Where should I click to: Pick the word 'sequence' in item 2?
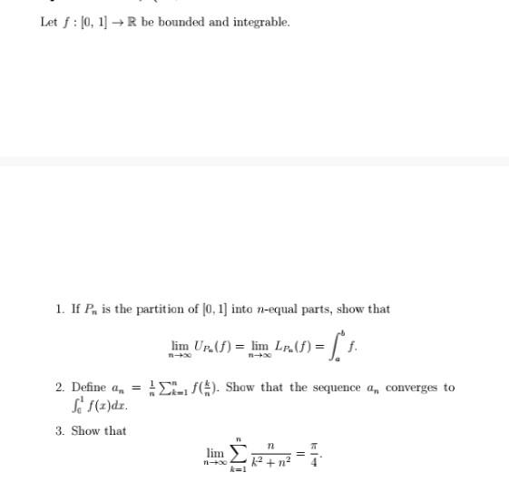[x=337, y=388]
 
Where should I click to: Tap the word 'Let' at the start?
[x=49, y=22]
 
